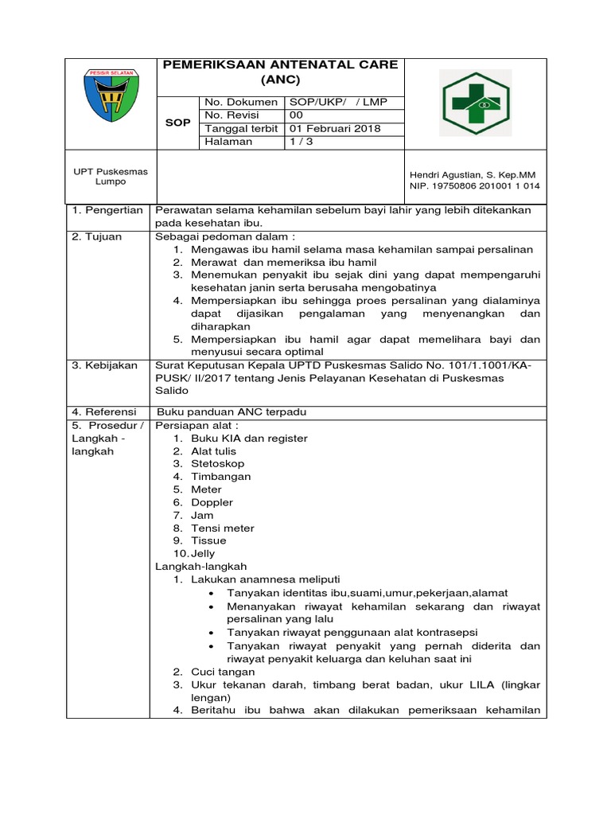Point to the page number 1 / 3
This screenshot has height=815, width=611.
[x=302, y=142]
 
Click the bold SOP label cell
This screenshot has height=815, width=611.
[x=177, y=123]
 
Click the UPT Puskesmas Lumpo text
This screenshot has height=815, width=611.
[x=105, y=176]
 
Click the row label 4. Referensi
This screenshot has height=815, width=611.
[x=104, y=412]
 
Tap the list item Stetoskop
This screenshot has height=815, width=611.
[x=217, y=463]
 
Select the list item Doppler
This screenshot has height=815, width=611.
[x=212, y=502]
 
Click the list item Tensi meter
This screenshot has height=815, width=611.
[x=222, y=528]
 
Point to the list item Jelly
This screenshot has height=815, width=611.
[x=203, y=553]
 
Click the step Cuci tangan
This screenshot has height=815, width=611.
[x=223, y=672]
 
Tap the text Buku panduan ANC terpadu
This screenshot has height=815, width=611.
[x=232, y=412]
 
